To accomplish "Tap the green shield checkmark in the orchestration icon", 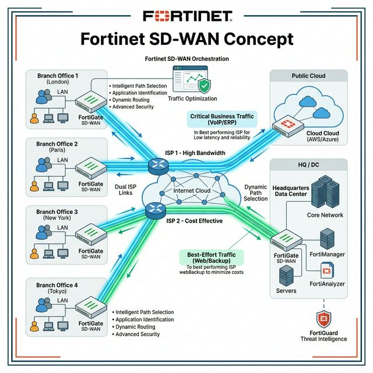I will [204, 86].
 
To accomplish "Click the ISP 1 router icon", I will [158, 166].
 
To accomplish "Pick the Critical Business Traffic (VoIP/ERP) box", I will [222, 120].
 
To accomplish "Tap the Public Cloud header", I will [309, 76].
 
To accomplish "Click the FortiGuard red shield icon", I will [324, 319].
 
